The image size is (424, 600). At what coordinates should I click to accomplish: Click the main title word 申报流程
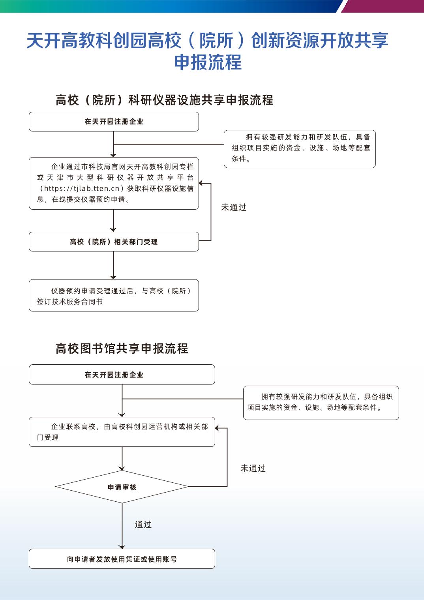[208, 62]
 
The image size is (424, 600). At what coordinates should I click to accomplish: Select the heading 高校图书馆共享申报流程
[122, 349]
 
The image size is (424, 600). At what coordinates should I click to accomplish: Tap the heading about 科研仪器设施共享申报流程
[164, 100]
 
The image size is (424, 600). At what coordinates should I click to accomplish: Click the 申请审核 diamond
[122, 487]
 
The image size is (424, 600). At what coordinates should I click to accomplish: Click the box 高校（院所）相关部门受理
[114, 242]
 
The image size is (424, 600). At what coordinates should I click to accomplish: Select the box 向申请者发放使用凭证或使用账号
[122, 559]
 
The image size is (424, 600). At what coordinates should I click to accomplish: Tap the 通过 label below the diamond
[143, 524]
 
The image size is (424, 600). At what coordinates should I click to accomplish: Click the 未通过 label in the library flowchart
[253, 468]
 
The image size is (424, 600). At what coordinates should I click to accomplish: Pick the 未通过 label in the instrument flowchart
[234, 207]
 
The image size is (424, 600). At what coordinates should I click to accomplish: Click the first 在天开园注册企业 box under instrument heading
[114, 122]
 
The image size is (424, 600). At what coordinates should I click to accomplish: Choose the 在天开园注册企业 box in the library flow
[122, 374]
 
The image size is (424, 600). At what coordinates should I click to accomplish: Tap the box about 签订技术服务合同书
[114, 296]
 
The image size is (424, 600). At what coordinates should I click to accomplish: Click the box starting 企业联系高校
[122, 432]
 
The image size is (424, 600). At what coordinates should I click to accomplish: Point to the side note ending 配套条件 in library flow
[321, 402]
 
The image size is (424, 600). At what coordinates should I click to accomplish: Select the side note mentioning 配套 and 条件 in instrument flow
[300, 149]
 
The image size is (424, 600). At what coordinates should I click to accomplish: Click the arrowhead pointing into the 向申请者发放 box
[122, 546]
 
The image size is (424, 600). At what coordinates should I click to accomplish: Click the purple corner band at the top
[383, 6]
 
